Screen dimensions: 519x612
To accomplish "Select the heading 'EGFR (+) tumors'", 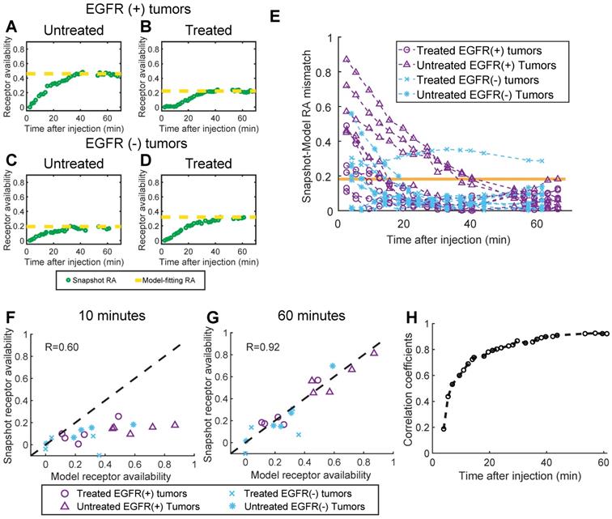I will pyautogui.click(x=117, y=10).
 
